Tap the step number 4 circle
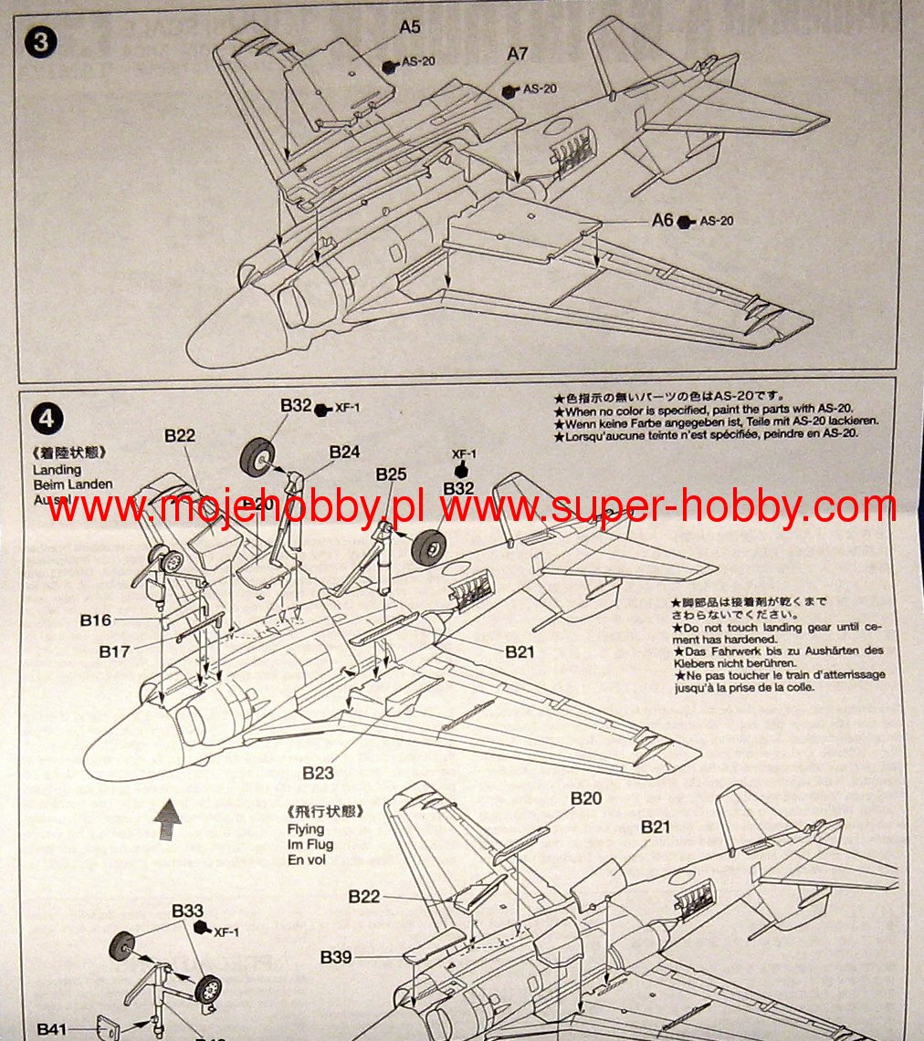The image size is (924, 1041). click(47, 419)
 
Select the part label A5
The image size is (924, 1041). click(410, 27)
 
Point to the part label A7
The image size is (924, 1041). click(518, 55)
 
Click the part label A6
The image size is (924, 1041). click(662, 221)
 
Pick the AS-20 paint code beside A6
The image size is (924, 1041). click(717, 222)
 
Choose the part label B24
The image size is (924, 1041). click(345, 452)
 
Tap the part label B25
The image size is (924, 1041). click(391, 474)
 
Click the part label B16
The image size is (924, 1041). click(96, 620)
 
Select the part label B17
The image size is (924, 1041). click(115, 651)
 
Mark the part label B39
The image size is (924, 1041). click(336, 957)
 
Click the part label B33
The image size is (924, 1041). click(187, 911)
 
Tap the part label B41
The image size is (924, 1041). click(53, 1029)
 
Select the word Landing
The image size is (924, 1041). click(58, 470)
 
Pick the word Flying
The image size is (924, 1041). click(305, 829)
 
